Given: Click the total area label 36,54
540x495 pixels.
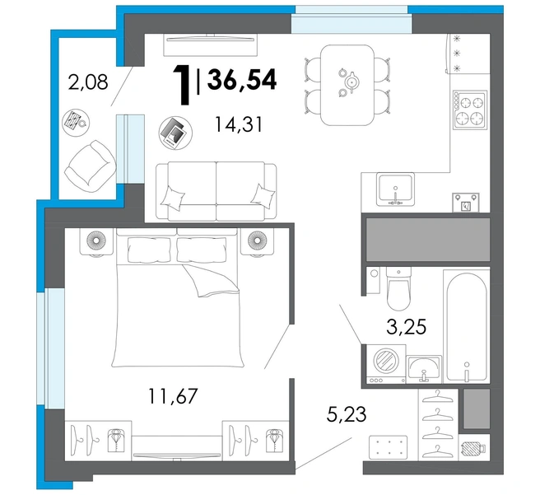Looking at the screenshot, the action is pos(242,80).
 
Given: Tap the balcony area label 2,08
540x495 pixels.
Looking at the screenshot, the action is pos(88,82).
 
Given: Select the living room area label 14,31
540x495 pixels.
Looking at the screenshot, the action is pos(239,124).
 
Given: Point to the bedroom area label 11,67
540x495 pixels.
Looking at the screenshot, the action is pos(173,396).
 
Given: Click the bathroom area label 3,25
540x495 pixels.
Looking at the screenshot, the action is pos(407,327).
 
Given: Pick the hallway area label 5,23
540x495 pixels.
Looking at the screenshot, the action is pos(347,414).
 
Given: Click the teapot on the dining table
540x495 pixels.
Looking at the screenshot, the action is pos(351,82).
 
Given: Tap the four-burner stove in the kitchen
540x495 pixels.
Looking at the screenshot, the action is pos(470,110).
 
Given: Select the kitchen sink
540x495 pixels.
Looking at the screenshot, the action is pos(395,189).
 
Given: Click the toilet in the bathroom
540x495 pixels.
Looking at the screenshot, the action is pos(398,288).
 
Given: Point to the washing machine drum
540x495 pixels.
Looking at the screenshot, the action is pos(386,361).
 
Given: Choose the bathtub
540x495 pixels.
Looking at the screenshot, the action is pos(466,326).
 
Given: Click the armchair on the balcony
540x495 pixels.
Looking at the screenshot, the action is pos(91,166).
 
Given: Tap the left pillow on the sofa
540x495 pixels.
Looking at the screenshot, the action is pos(173,198).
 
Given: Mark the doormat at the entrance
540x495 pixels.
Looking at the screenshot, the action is pos(388,447).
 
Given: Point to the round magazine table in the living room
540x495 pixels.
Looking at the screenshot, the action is pos(175,133).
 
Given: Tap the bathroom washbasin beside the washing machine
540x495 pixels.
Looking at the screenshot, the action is pos(424,370).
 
